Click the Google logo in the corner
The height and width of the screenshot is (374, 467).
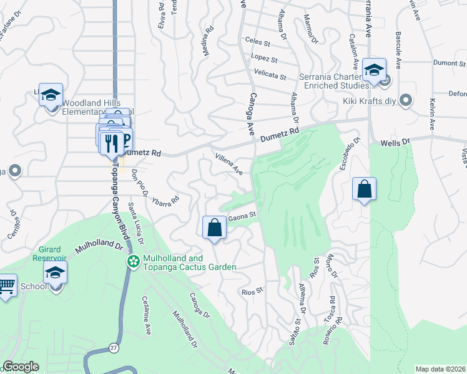tap(21, 367)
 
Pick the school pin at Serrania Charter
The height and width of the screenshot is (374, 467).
tap(374, 70)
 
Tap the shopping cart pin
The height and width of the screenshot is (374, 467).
tap(6, 287)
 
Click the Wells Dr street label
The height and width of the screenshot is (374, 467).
tap(396, 143)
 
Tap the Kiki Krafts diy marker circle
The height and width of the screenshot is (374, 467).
tap(406, 100)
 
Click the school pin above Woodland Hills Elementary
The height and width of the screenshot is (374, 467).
tap(51, 95)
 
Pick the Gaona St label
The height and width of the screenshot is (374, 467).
tap(242, 218)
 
